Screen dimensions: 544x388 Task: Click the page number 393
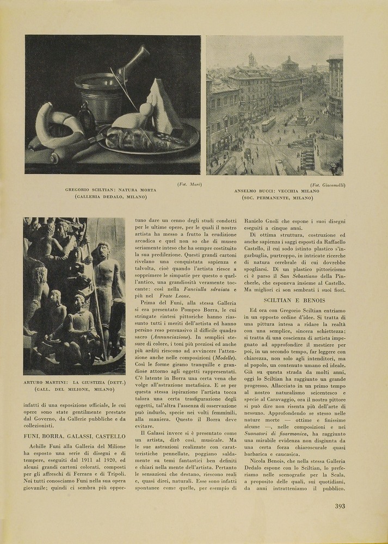pos(340,506)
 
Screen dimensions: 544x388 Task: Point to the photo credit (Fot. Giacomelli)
pos(328,185)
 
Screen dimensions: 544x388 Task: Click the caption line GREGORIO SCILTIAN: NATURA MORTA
pos(110,190)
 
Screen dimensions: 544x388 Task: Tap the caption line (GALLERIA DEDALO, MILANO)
pos(110,196)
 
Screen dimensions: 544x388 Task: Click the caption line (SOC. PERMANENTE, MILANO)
pos(278,198)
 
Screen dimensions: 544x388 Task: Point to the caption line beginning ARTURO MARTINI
pos(74,383)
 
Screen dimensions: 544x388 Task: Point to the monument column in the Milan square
pos(300,103)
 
